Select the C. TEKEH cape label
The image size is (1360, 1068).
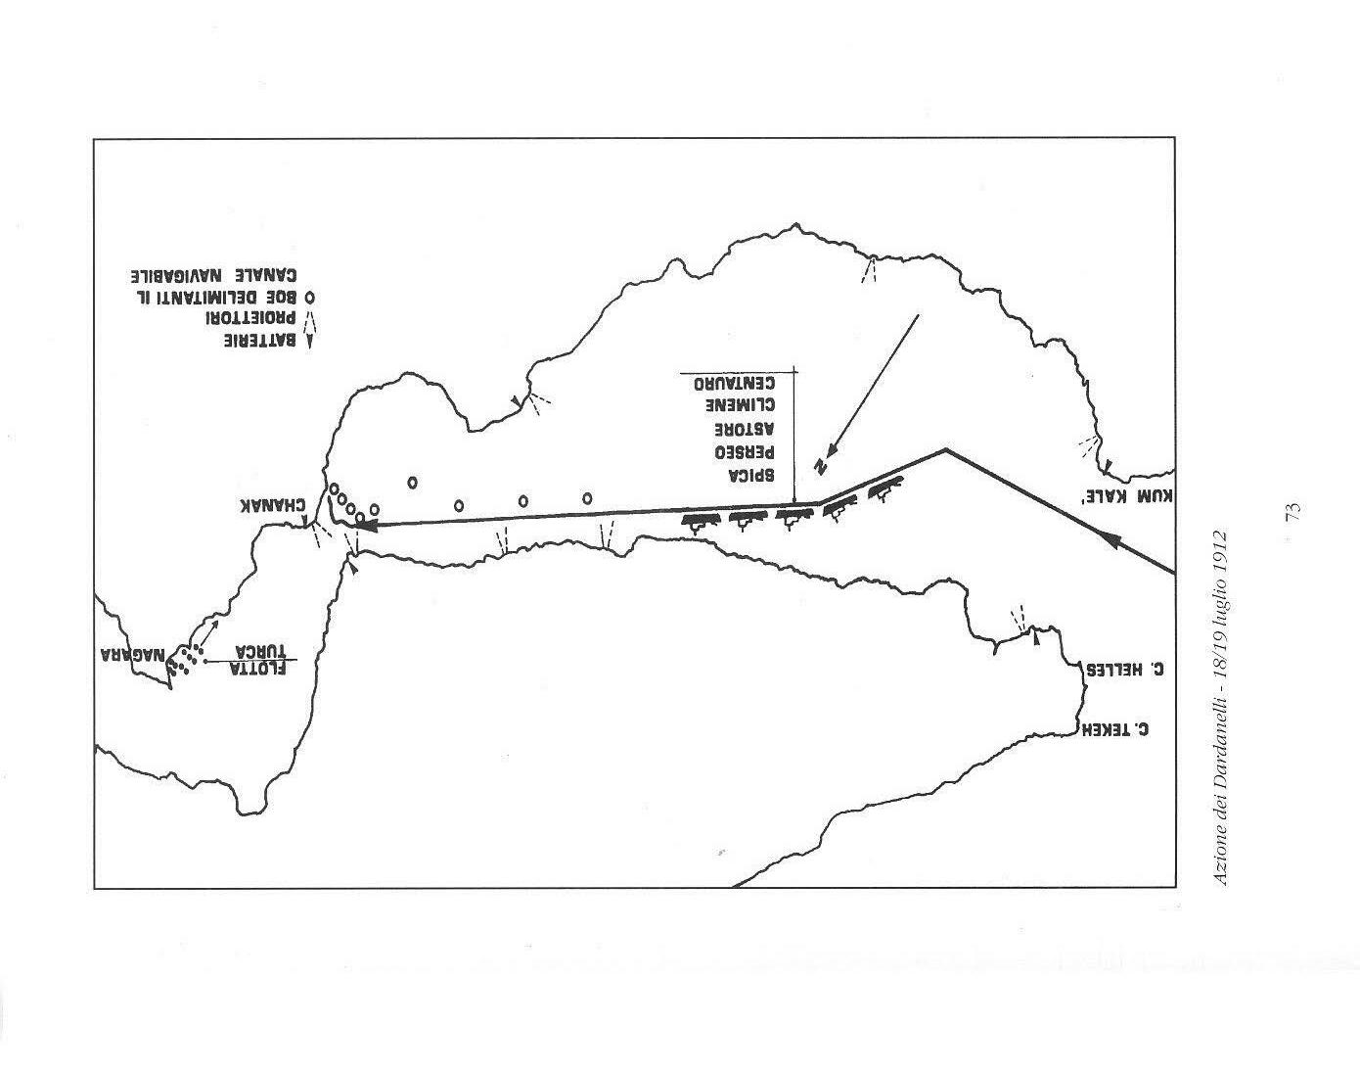[x=1113, y=729]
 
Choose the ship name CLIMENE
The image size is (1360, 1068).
[x=740, y=404]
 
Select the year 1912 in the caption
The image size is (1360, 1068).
[x=1221, y=554]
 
